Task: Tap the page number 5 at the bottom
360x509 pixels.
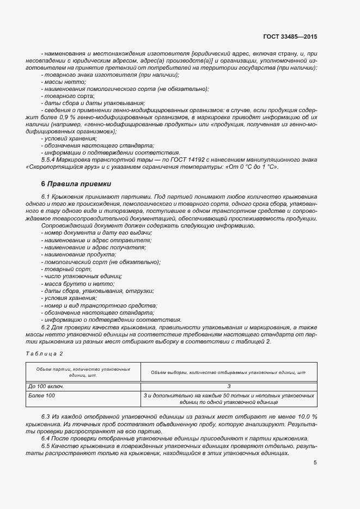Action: pos(315,463)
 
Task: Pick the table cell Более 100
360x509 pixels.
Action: pos(41,395)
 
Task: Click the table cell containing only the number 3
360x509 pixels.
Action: pos(229,385)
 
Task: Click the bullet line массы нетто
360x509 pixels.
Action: pos(60,82)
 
